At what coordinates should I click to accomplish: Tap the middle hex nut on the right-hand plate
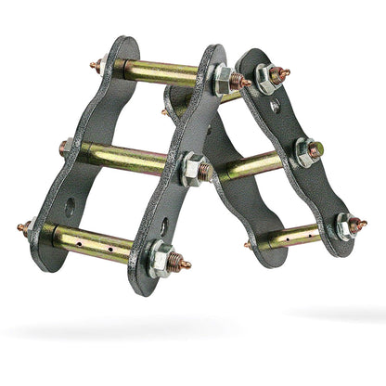point(303,150)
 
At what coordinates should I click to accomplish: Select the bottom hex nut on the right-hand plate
point(344,226)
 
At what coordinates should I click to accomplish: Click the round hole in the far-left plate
point(70,206)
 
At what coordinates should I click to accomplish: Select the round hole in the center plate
point(163,225)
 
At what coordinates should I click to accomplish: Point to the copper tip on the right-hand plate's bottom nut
point(361,223)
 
